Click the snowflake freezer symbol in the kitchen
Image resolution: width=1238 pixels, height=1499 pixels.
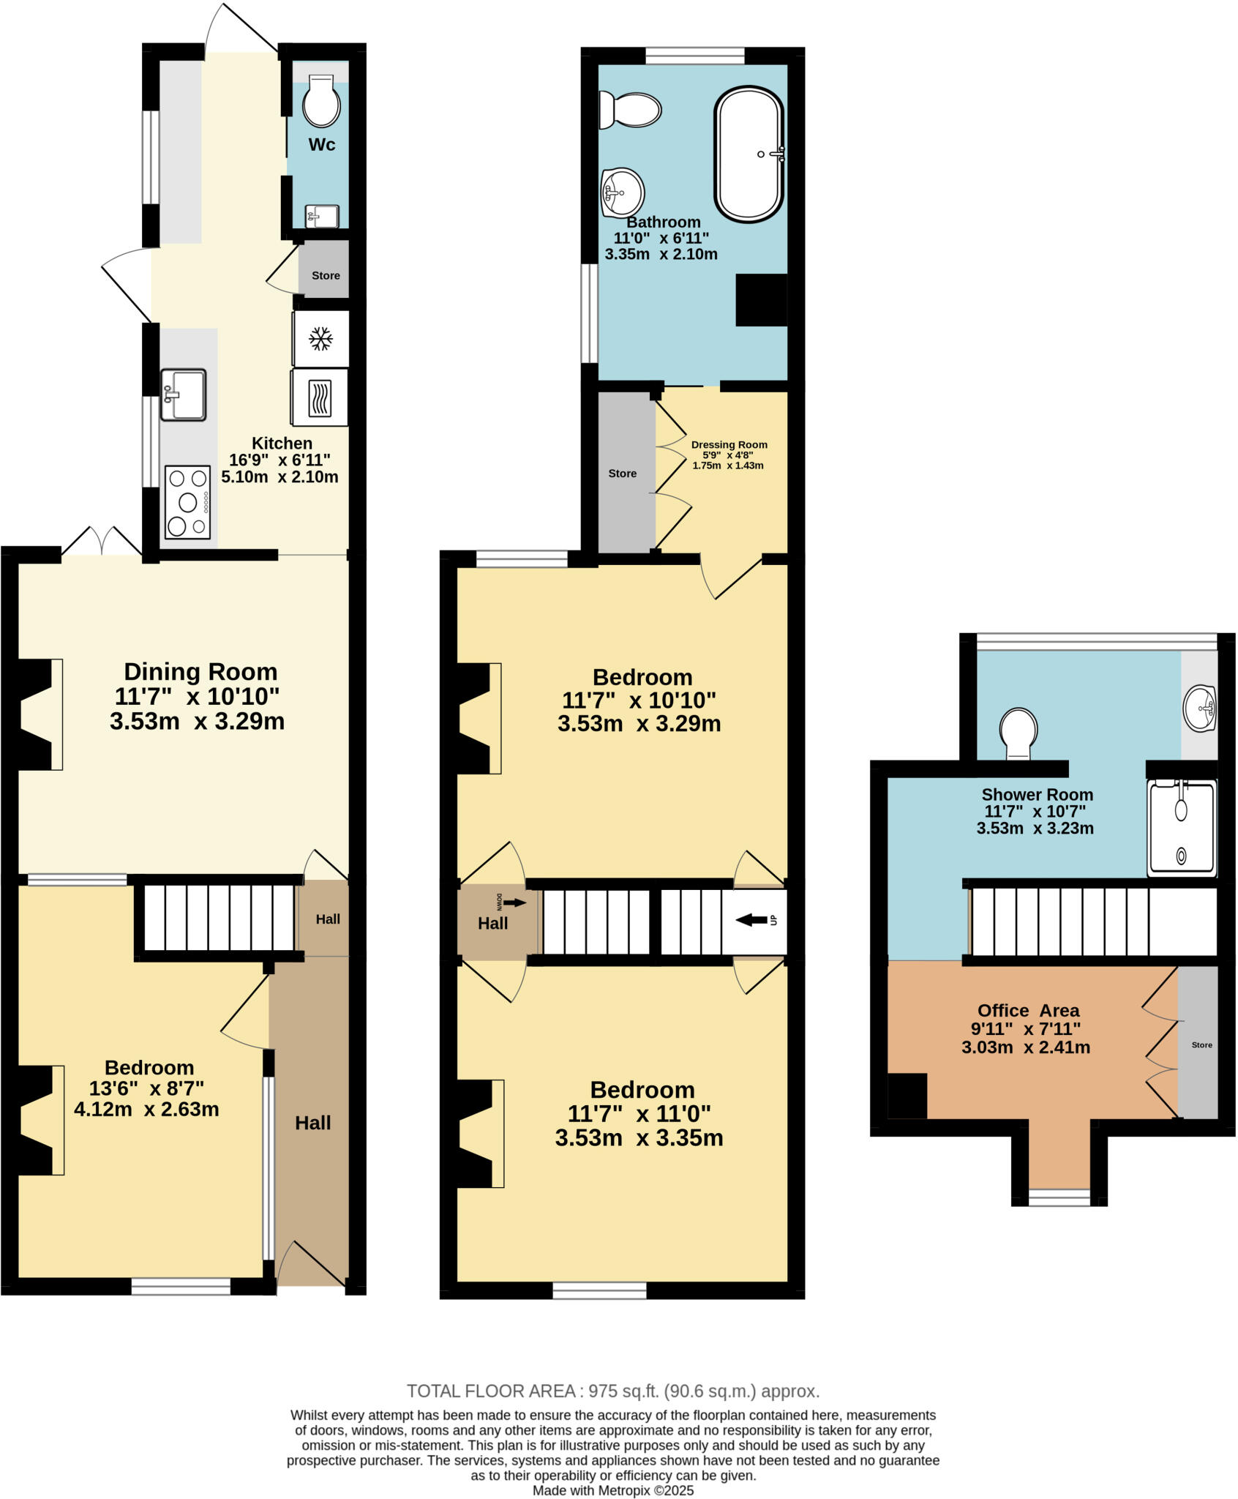(x=320, y=338)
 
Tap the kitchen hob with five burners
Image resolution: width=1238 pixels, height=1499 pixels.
(x=188, y=502)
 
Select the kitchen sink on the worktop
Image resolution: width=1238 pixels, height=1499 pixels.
(x=183, y=395)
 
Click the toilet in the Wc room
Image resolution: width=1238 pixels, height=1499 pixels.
(x=322, y=102)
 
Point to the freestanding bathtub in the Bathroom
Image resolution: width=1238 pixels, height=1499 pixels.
(x=749, y=154)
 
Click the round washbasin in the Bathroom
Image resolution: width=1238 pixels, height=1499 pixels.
(x=622, y=193)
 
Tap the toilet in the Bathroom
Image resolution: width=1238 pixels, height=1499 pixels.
(x=629, y=111)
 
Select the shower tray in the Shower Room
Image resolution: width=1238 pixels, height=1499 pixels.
(x=1182, y=829)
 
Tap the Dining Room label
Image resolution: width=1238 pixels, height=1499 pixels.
(x=200, y=672)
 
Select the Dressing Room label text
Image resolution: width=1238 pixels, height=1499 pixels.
(x=729, y=444)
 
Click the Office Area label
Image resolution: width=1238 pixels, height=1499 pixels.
(x=1028, y=1011)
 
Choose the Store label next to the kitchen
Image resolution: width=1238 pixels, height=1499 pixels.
(x=326, y=276)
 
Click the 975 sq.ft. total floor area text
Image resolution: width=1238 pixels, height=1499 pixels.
(x=612, y=1391)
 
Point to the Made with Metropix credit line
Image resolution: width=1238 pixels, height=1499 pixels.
(x=612, y=1490)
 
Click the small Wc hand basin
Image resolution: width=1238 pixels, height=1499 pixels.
(x=322, y=216)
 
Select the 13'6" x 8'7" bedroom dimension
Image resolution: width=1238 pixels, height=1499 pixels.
(x=146, y=1088)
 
